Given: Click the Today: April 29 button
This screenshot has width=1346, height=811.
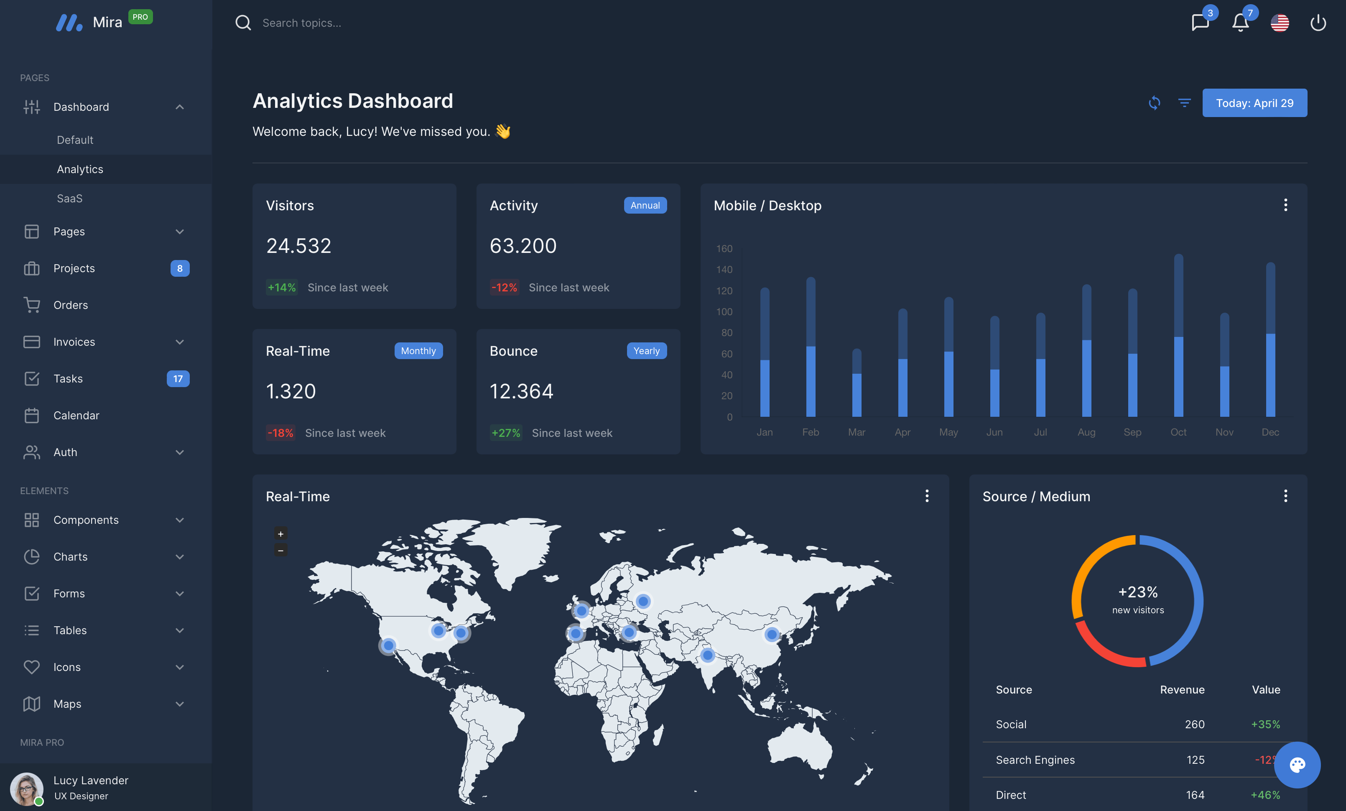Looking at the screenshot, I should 1254,103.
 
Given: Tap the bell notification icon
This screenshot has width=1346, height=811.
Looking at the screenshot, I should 1240,23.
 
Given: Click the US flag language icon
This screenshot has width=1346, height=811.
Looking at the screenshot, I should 1280,23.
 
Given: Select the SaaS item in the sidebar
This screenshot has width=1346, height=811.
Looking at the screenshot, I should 69,198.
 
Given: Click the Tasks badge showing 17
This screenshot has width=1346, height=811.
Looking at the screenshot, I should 178,378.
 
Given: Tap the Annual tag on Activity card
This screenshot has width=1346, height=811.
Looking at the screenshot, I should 645,205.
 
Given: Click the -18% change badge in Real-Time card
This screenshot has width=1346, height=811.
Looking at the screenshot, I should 280,433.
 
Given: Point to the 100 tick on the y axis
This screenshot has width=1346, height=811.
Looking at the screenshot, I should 724,311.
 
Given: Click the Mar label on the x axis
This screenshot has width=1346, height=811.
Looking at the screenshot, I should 856,432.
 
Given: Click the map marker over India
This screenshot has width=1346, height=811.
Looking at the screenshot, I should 707,655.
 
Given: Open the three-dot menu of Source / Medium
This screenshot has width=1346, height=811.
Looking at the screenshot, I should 1285,496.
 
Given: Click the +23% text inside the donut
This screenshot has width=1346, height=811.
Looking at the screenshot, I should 1138,592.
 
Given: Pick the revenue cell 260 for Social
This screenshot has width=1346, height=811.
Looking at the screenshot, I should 1194,724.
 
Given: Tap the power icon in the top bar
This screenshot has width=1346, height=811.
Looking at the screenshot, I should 1318,23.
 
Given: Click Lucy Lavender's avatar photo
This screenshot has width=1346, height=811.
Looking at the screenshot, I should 26,788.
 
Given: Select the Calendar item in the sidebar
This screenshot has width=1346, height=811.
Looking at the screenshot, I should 76,415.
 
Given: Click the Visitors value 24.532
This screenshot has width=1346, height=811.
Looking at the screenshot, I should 298,246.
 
